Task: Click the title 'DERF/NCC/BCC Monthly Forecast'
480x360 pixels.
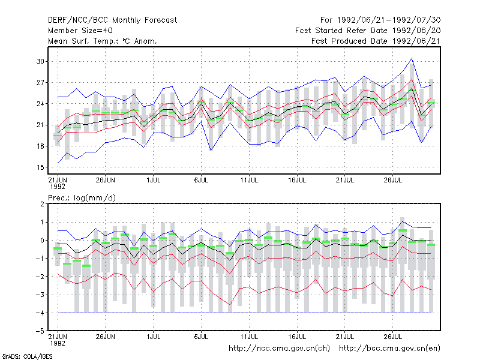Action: click(x=112, y=20)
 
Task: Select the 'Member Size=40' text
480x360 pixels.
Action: click(x=80, y=31)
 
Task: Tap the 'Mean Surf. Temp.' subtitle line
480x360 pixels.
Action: click(x=102, y=41)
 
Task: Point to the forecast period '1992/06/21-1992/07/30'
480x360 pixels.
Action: click(x=389, y=20)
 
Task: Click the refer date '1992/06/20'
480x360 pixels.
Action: click(x=416, y=31)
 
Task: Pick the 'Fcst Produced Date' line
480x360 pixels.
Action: click(x=376, y=41)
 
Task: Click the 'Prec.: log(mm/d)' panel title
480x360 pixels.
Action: click(x=82, y=198)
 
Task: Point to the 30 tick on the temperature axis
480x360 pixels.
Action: click(x=40, y=61)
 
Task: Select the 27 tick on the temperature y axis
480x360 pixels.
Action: click(x=40, y=83)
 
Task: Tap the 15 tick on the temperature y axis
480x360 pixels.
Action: click(x=40, y=167)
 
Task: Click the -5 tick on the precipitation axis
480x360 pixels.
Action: click(x=40, y=331)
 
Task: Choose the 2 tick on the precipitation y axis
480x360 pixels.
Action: click(x=42, y=204)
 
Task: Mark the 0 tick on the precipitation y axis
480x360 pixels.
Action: click(x=42, y=241)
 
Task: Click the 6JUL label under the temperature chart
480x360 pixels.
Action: click(x=201, y=180)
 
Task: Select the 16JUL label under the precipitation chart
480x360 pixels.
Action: click(x=297, y=337)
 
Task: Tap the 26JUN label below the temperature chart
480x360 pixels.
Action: click(x=106, y=180)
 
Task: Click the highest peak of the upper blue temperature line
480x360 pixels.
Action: click(x=412, y=58)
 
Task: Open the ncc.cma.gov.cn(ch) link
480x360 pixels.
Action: click(x=279, y=349)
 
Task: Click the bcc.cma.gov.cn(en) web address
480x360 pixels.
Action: click(x=389, y=349)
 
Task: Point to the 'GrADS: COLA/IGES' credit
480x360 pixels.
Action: click(x=27, y=356)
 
